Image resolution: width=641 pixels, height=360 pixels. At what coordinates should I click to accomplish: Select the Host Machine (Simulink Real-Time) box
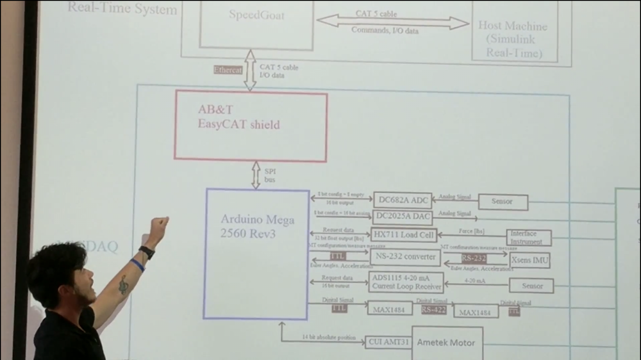(513, 32)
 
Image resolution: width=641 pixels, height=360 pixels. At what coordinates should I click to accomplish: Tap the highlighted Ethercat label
(228, 69)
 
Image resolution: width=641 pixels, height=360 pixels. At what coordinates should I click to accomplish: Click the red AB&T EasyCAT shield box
(251, 126)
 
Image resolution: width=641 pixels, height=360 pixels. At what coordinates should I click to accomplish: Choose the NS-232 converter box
(405, 258)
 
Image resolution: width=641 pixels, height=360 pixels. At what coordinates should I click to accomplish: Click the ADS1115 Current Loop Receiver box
(406, 282)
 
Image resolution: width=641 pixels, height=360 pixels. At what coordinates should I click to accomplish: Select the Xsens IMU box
(530, 261)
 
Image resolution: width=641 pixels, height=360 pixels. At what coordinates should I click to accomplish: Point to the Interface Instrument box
(529, 238)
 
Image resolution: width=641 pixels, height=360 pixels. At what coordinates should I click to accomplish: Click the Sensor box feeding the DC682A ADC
(503, 202)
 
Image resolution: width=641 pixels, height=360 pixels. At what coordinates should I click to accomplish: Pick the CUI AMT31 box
(387, 342)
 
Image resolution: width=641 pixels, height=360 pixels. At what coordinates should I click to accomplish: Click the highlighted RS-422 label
(434, 309)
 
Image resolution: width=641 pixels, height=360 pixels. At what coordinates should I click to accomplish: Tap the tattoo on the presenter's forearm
(123, 284)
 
